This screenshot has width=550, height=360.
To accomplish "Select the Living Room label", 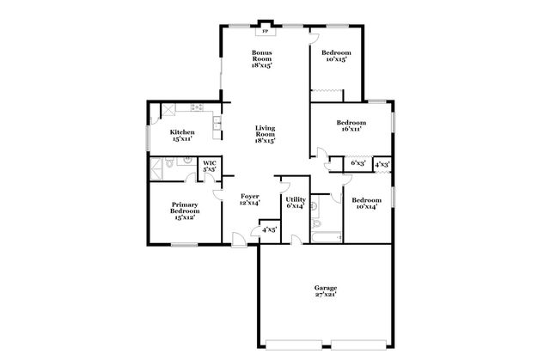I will point(265,134).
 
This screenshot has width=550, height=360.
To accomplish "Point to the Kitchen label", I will point(182,134).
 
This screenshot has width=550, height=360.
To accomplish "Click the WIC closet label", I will point(209,166).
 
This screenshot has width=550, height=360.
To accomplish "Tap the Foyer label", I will point(250,199).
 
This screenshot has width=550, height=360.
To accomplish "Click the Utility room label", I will point(296,203).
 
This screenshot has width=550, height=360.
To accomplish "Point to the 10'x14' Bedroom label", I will point(367,203).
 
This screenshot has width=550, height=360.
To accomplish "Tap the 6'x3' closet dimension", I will point(358,162).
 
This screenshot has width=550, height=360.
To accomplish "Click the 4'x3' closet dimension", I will point(382,162).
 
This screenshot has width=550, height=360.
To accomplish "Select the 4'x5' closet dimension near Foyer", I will point(269,229).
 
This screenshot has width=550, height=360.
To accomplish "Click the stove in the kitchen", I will point(197,107).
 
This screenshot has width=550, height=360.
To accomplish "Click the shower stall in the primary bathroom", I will point(156,166).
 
